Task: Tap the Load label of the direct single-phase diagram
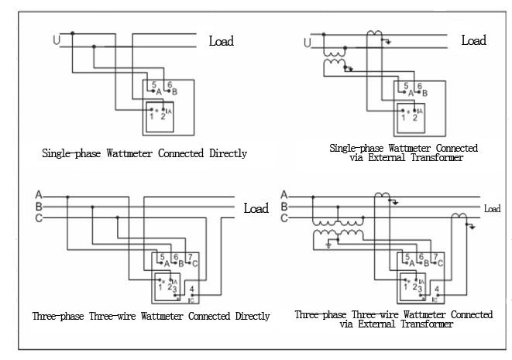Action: (221, 41)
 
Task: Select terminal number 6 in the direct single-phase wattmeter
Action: (170, 84)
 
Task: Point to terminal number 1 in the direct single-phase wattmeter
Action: (151, 117)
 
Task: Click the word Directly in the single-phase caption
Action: (227, 153)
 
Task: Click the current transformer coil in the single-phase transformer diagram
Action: (376, 34)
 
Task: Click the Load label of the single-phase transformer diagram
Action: (473, 40)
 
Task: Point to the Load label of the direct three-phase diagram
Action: (256, 208)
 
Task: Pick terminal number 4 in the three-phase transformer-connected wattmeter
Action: (438, 290)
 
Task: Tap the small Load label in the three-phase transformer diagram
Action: (493, 208)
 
